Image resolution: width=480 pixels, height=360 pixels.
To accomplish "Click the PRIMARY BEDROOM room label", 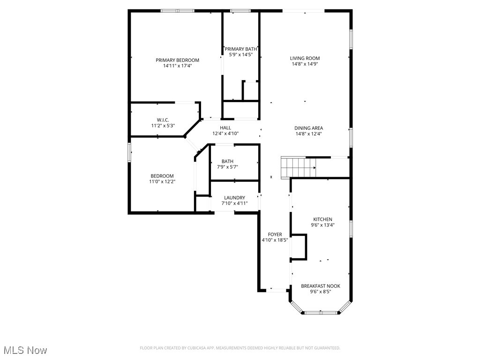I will [177, 60].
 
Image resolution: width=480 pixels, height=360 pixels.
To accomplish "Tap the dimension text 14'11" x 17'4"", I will [177, 66].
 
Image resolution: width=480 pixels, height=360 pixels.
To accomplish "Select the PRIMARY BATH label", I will [241, 49].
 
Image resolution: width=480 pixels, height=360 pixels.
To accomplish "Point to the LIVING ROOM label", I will [305, 58].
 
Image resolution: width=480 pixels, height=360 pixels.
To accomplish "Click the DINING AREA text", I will [308, 128].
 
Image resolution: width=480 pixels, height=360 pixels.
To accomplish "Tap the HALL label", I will [225, 127].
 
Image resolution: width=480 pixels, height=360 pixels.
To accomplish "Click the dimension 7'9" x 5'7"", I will [227, 167].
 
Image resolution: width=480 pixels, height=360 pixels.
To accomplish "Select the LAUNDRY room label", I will [234, 198].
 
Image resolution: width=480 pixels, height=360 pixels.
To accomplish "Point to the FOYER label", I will [275, 234].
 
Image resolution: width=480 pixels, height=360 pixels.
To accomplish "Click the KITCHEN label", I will [322, 219].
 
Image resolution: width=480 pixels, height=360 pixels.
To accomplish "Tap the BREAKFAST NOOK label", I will [321, 286].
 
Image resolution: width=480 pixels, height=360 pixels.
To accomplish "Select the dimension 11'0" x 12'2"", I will [162, 181].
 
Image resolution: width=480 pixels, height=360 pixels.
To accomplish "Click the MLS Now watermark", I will [25, 350].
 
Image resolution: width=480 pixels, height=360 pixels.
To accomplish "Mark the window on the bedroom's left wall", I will [130, 152].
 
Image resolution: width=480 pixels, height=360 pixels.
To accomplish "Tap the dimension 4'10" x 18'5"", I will [275, 240].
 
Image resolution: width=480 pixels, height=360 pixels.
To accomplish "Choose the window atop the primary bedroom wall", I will [177, 10].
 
